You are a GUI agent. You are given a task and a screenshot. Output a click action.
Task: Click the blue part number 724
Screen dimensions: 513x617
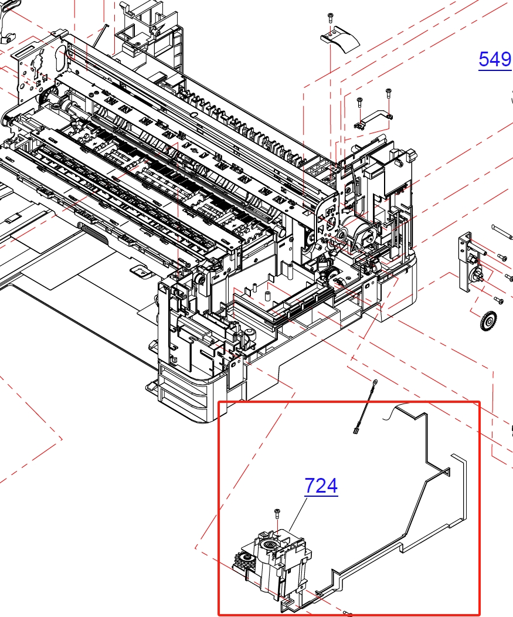pos(321,486)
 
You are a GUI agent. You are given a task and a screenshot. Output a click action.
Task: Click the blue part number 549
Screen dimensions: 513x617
pos(495,59)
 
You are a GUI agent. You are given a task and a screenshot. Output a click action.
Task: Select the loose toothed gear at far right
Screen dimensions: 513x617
pos(488,320)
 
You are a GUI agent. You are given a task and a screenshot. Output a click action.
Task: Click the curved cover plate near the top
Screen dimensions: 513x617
pos(340,41)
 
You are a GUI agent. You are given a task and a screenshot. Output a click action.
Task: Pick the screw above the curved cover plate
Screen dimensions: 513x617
pos(330,18)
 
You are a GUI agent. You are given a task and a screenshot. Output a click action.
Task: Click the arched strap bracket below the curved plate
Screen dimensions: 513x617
pos(373,119)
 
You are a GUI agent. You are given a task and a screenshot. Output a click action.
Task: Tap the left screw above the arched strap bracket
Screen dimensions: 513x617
pos(359,101)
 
